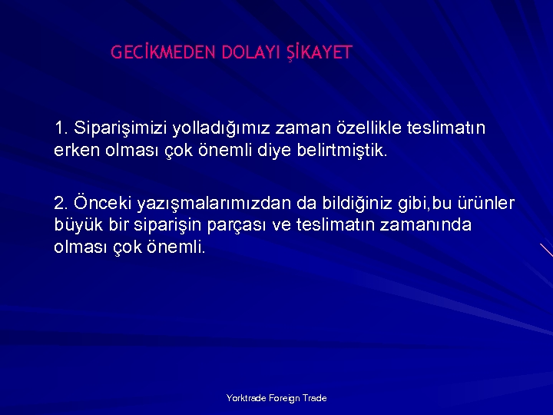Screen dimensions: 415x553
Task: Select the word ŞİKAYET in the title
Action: (x=319, y=53)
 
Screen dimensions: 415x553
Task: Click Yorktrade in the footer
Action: (x=246, y=398)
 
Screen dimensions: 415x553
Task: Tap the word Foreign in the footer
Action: (x=284, y=398)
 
